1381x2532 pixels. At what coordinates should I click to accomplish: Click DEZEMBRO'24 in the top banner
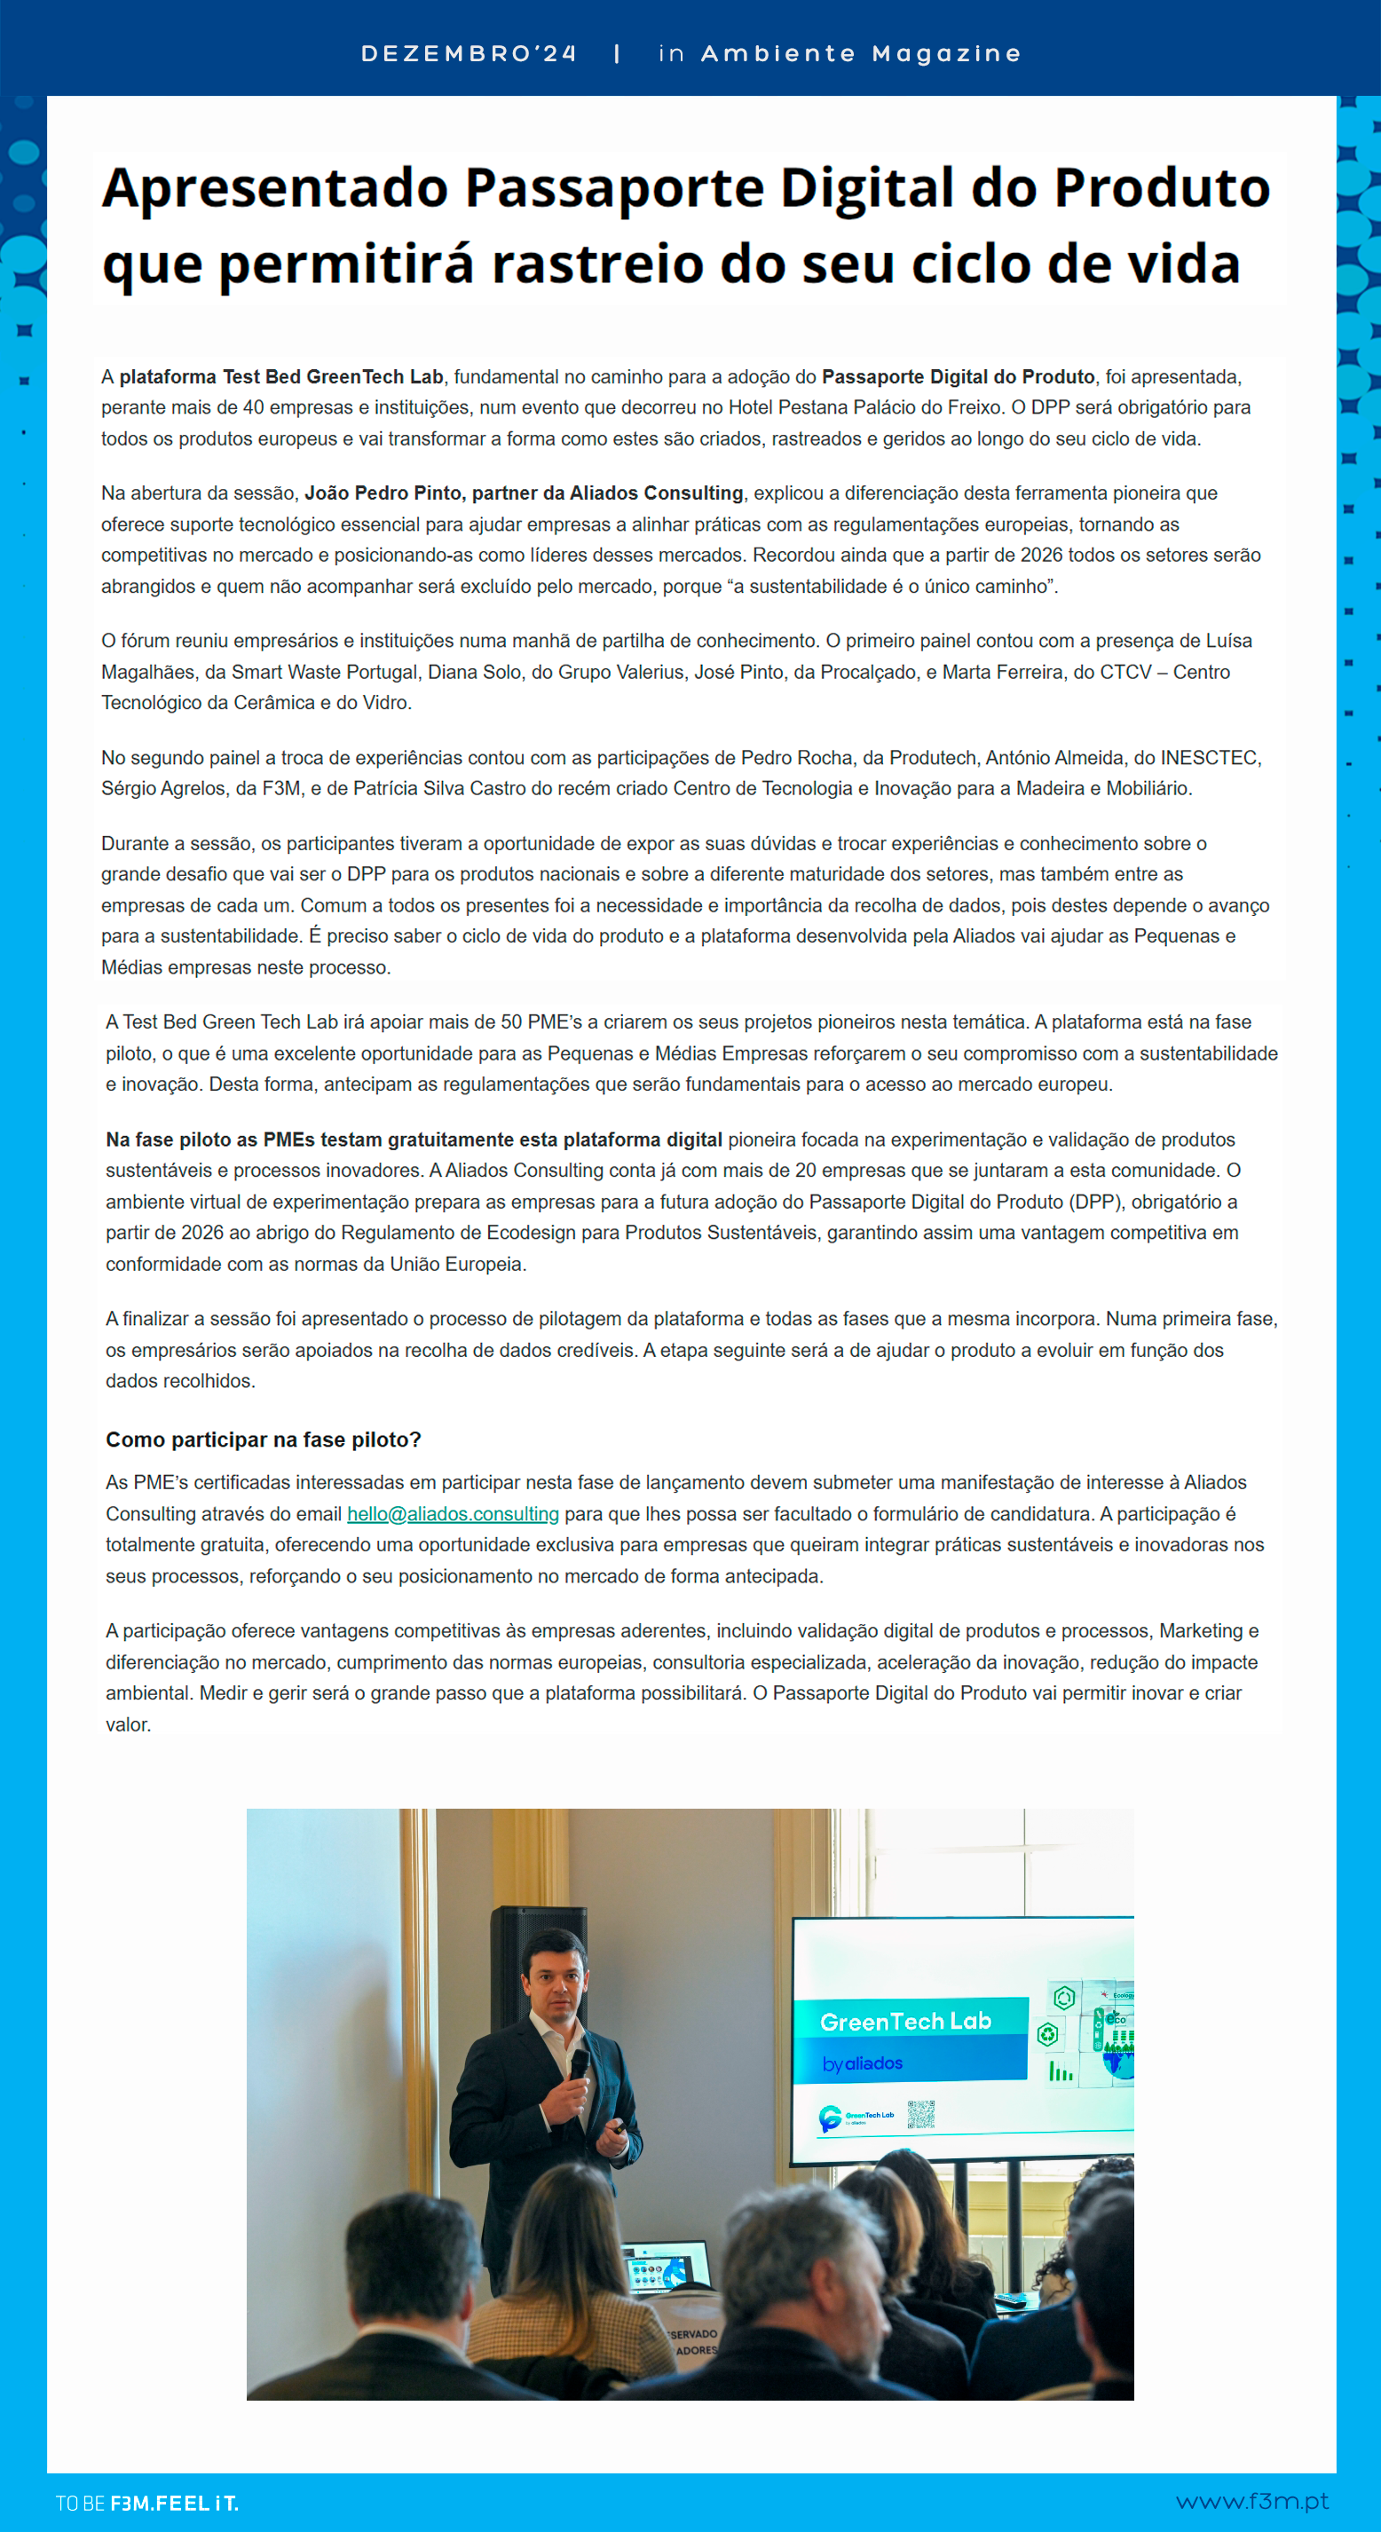(x=469, y=54)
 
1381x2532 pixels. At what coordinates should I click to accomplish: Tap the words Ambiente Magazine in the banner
(x=861, y=54)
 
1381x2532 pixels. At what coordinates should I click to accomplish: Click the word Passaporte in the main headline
(x=613, y=188)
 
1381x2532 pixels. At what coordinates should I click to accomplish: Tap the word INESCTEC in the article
(x=1209, y=758)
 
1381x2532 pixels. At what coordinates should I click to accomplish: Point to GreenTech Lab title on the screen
(x=905, y=2022)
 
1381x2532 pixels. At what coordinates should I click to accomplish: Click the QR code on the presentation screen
(x=921, y=2114)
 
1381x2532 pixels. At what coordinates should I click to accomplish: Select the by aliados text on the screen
(x=862, y=2063)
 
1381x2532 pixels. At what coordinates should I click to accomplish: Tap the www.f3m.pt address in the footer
(x=1252, y=2502)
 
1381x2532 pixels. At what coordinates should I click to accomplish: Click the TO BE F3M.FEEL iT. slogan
(x=146, y=2503)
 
